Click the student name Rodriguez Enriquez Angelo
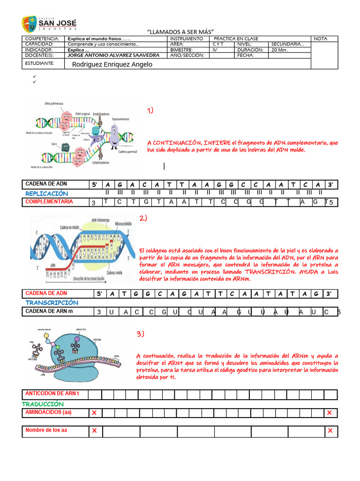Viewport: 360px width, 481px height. (112, 64)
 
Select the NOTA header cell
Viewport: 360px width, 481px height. (321, 39)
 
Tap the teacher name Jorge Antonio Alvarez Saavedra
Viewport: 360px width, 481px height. (113, 55)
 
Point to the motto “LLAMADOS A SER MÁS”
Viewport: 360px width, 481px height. (180, 31)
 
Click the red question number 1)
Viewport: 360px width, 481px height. (150, 110)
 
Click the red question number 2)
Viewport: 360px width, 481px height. (143, 218)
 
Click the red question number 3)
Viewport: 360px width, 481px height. (141, 334)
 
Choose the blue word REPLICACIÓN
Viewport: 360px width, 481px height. (46, 194)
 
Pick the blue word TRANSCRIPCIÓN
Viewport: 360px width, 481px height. (52, 303)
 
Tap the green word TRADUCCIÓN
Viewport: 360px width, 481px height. (43, 404)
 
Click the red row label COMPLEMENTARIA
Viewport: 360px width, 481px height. (49, 202)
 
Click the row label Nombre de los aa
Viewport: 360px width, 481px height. (46, 430)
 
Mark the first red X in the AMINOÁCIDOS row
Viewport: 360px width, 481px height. (94, 413)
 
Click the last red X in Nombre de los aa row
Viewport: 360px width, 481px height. (330, 431)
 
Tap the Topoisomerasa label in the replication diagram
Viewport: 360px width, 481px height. (120, 119)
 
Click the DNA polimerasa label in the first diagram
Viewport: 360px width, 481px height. (54, 103)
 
